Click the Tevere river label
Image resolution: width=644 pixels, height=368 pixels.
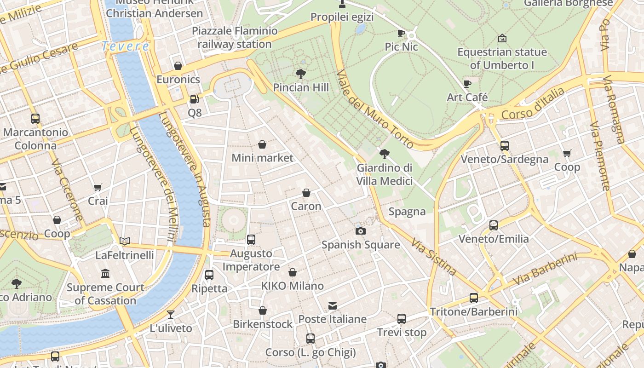[125, 46]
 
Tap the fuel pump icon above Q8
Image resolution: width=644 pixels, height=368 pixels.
[195, 99]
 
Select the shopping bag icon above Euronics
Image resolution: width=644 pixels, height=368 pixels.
[178, 66]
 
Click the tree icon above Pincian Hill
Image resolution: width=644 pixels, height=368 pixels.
[301, 74]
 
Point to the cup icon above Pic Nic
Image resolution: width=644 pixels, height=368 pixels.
[401, 33]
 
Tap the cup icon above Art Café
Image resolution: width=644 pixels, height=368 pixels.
[467, 84]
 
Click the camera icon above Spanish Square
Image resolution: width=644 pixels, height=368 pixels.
[361, 231]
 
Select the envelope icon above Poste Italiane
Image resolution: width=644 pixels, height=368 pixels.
[333, 306]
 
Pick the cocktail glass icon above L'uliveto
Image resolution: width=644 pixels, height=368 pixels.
[171, 315]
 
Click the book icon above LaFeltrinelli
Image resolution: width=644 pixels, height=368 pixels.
[125, 241]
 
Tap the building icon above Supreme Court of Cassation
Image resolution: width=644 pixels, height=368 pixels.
[105, 274]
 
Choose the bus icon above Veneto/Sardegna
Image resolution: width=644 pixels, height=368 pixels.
[505, 146]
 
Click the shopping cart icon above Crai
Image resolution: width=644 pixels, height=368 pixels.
[98, 187]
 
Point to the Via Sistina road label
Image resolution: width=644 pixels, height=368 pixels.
[433, 256]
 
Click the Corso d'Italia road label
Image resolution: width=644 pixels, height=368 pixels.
[533, 104]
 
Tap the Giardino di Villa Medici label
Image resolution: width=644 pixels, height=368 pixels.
[385, 174]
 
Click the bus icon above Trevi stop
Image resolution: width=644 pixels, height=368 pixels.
[402, 318]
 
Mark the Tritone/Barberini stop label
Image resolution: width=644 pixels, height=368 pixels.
[474, 311]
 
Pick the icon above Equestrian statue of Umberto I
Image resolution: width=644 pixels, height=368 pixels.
[502, 38]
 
